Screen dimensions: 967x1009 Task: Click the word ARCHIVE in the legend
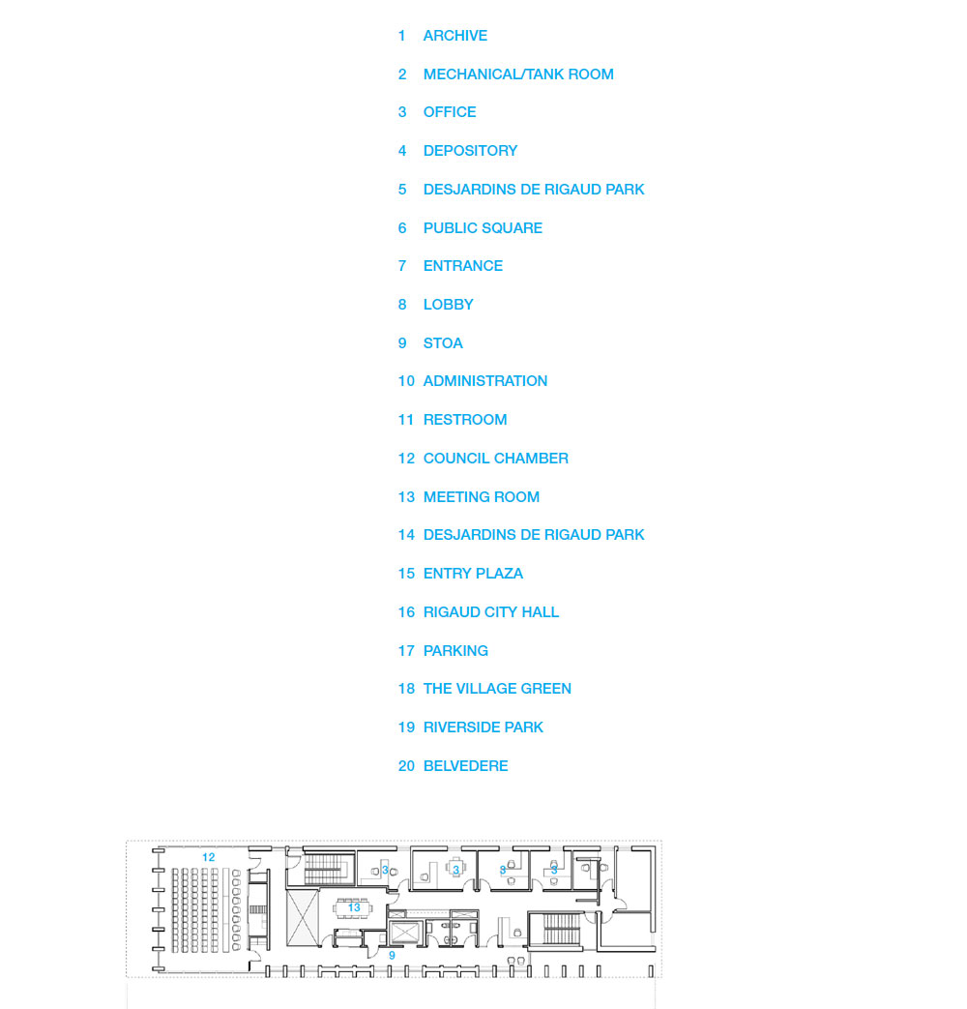coord(454,36)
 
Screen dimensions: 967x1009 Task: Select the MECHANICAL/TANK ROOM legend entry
coord(517,74)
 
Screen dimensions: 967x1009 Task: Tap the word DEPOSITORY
coord(470,151)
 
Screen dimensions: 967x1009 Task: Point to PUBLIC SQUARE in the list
coord(483,228)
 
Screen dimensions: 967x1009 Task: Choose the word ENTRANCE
coord(462,266)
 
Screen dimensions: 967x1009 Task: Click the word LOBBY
coord(448,305)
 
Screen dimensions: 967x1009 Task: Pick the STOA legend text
coord(443,343)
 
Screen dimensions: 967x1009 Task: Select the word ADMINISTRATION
coord(484,381)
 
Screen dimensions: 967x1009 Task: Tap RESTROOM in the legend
coord(464,420)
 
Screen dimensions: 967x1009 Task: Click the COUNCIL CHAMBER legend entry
coord(495,459)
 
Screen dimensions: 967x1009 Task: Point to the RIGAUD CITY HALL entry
coord(490,612)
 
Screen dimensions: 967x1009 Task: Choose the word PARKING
coord(454,651)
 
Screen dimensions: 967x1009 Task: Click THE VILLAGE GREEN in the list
coord(497,689)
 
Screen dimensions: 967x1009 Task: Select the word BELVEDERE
coord(465,766)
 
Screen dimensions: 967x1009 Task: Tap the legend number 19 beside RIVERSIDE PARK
coord(406,727)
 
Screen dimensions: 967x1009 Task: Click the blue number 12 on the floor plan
coord(208,857)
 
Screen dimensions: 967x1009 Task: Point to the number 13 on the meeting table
coord(354,907)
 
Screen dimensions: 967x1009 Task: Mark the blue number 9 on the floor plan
coord(392,956)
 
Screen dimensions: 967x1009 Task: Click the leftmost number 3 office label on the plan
coord(385,871)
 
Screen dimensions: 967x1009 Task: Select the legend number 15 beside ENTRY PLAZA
coord(406,574)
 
